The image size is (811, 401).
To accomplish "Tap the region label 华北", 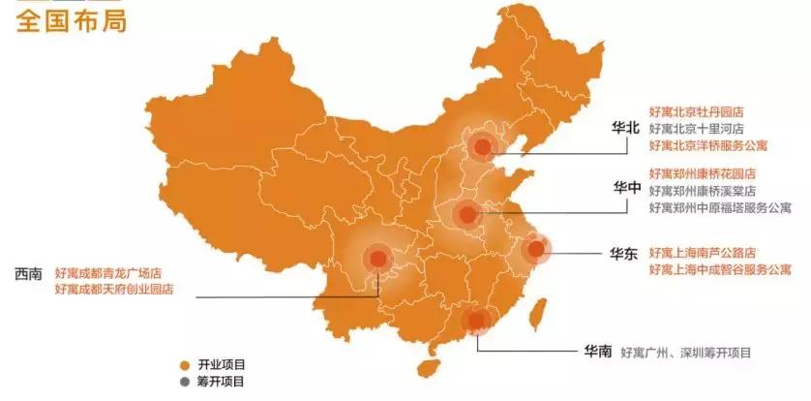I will point(626,128).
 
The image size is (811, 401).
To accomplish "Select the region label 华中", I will point(626,187).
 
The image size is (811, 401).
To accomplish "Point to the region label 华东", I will point(623,253).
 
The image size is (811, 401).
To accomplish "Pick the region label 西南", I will point(28,273).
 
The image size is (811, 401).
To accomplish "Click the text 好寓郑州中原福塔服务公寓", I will point(720,207).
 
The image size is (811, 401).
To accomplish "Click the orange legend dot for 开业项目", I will point(184,364).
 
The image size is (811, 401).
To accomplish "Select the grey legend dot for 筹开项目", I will point(184,382).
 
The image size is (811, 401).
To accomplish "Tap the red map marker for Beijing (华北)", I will point(482,147).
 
